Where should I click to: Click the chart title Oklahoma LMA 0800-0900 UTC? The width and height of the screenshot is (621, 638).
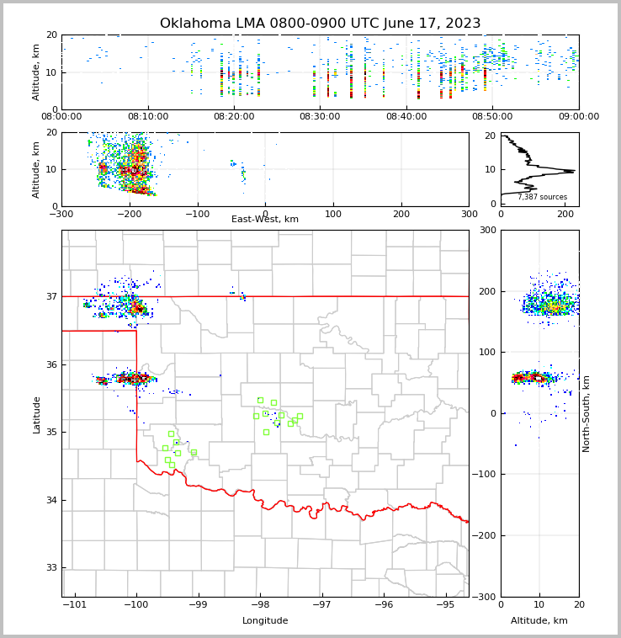pyautogui.click(x=320, y=24)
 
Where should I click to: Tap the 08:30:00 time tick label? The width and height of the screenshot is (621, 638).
pyautogui.click(x=320, y=117)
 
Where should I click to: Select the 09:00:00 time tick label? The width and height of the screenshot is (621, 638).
pyautogui.click(x=578, y=117)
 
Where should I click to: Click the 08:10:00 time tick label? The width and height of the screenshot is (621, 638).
pyautogui.click(x=147, y=117)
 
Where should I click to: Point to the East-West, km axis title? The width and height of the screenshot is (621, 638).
pyautogui.click(x=265, y=220)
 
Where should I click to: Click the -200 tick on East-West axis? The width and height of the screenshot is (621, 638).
pyautogui.click(x=129, y=214)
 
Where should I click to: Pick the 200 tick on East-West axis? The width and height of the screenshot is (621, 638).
pyautogui.click(x=401, y=214)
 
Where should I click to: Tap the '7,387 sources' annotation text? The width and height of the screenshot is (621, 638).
pyautogui.click(x=542, y=197)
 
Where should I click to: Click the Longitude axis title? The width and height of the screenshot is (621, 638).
pyautogui.click(x=265, y=621)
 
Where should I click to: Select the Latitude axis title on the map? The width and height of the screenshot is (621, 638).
pyautogui.click(x=37, y=414)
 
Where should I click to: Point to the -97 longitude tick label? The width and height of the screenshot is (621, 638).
pyautogui.click(x=321, y=605)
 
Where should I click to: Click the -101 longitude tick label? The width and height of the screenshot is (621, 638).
pyautogui.click(x=75, y=605)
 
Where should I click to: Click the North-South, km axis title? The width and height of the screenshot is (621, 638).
pyautogui.click(x=586, y=414)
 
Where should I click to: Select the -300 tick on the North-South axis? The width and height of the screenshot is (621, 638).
pyautogui.click(x=486, y=597)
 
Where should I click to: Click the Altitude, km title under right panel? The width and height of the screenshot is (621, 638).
pyautogui.click(x=539, y=621)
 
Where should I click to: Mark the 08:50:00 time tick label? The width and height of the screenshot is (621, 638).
pyautogui.click(x=492, y=117)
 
